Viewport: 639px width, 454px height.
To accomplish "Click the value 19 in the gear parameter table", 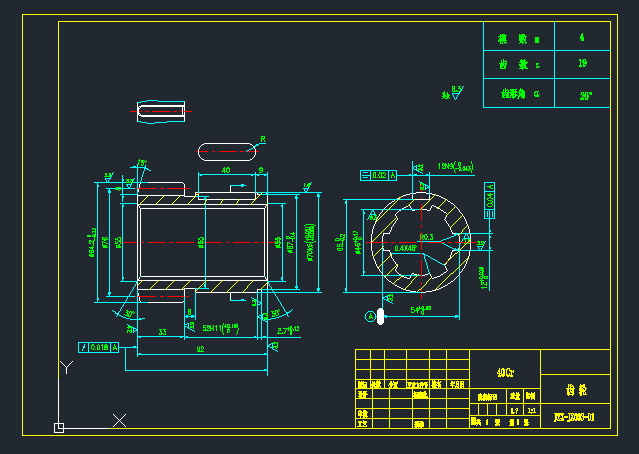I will point(582,65).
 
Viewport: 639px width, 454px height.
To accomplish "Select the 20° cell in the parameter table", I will point(585,96).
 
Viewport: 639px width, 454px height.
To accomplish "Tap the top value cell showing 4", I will point(582,37).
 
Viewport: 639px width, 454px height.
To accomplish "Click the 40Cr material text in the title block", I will point(505,373).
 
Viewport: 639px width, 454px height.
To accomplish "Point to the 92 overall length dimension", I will point(200,349).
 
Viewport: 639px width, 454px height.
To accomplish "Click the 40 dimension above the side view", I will point(226,171).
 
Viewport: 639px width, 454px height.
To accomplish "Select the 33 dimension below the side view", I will point(162,331).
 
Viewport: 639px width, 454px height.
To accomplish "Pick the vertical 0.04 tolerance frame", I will point(490,198).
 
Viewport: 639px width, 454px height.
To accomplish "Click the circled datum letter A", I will point(370,317).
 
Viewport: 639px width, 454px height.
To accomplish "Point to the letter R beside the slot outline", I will point(263,139).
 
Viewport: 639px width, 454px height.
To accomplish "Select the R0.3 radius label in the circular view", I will point(427,237).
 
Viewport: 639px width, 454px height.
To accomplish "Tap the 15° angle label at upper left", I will point(141,163).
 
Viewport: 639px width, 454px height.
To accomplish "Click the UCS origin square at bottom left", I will point(59,428).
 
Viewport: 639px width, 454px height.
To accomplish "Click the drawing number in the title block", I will point(575,416).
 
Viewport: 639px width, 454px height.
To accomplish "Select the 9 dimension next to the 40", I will point(261,171).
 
